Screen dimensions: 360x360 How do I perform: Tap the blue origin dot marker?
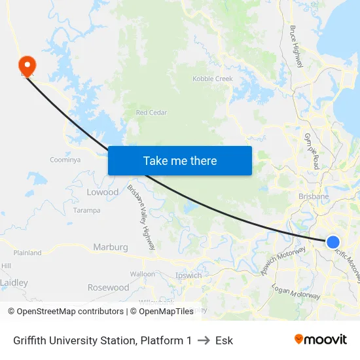pyautogui.click(x=333, y=242)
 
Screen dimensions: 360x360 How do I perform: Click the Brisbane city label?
pyautogui.click(x=314, y=196)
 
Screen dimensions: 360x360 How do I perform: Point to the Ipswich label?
pyautogui.click(x=189, y=276)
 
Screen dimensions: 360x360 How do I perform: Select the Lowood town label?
pyautogui.click(x=103, y=192)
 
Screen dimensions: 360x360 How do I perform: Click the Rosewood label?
pyautogui.click(x=109, y=287)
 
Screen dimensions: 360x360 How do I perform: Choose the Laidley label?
pyautogui.click(x=14, y=283)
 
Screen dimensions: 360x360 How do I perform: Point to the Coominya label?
pyautogui.click(x=65, y=160)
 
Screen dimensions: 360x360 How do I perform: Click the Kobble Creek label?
pyautogui.click(x=213, y=79)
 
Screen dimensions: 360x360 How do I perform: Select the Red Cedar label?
pyautogui.click(x=151, y=113)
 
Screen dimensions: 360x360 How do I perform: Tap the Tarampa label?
pyautogui.click(x=86, y=211)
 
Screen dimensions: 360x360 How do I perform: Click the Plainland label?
pyautogui.click(x=27, y=253)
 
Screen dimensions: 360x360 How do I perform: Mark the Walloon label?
pyautogui.click(x=143, y=274)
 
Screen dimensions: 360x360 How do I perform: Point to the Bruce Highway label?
pyautogui.click(x=296, y=46)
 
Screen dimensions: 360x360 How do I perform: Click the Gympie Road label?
pyautogui.click(x=311, y=151)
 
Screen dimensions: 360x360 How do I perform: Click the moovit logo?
pyautogui.click(x=321, y=340)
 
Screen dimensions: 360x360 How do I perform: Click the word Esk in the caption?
pyautogui.click(x=225, y=340)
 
